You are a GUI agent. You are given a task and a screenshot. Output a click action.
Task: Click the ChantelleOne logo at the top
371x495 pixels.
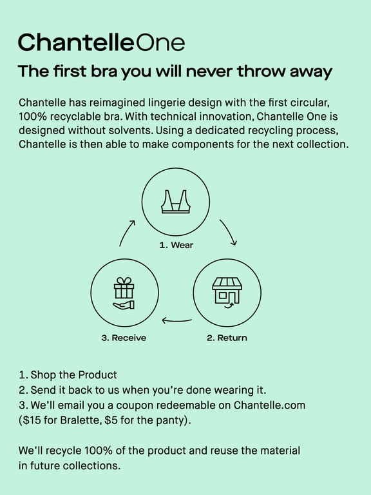tap(101, 43)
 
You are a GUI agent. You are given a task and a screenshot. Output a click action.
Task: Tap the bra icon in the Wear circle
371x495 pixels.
tap(176, 202)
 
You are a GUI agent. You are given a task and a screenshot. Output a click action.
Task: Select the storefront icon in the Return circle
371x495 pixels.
tap(227, 293)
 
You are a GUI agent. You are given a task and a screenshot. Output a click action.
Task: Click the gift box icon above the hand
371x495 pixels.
tap(124, 288)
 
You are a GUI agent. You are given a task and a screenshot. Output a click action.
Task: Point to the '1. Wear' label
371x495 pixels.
tap(176, 245)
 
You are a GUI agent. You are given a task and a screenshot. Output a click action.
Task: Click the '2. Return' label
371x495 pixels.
tap(227, 338)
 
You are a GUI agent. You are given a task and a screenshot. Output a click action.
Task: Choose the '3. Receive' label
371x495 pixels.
tap(124, 338)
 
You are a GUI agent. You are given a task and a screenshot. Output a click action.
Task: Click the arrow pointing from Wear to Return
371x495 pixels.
tap(229, 232)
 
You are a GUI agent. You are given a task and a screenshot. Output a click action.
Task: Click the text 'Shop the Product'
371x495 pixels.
tap(74, 374)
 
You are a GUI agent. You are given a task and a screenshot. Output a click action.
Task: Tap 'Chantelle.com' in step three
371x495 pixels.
tap(269, 405)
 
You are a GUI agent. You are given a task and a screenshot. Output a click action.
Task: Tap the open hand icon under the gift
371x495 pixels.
tap(124, 305)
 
